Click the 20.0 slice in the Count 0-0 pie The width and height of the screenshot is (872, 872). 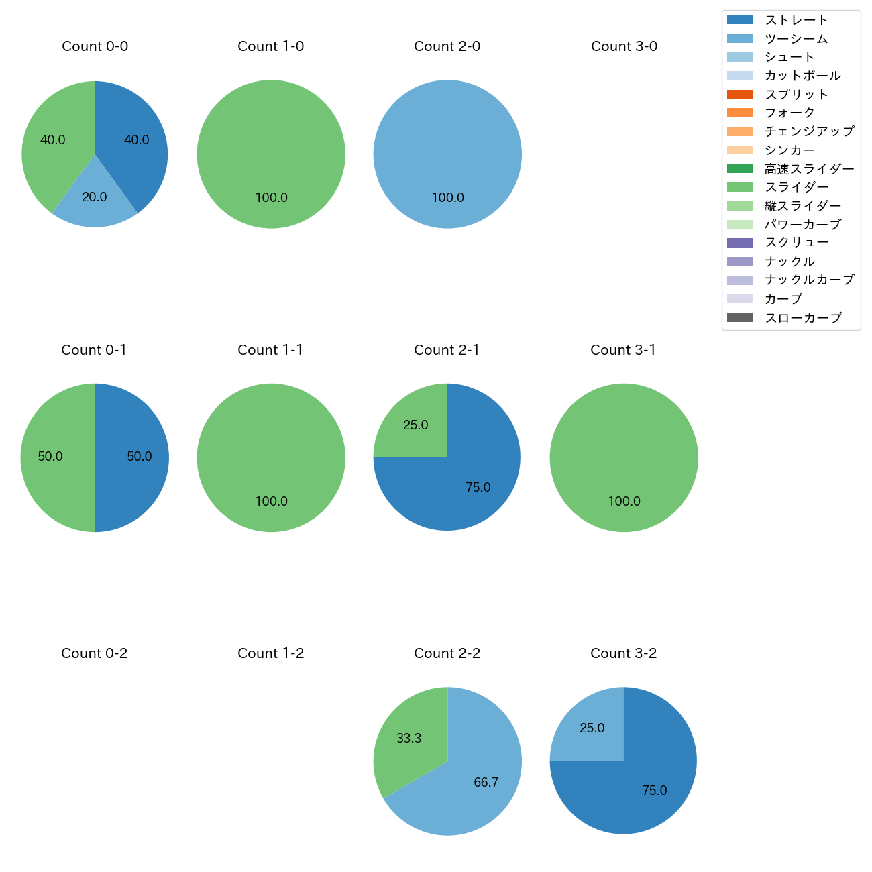[x=95, y=201]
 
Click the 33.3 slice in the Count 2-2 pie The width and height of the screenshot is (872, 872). [x=406, y=738]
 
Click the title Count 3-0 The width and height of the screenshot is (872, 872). [x=624, y=46]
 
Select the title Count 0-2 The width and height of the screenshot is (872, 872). [x=94, y=653]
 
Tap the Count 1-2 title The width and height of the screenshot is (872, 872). [x=270, y=653]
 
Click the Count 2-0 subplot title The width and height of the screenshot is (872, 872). [x=447, y=46]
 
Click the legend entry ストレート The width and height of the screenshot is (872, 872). [x=796, y=20]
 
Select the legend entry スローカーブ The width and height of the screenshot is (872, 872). [x=803, y=318]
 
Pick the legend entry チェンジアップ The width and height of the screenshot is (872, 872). [x=809, y=131]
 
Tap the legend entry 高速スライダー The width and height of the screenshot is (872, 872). [x=809, y=169]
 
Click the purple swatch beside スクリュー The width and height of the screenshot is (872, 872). [x=740, y=243]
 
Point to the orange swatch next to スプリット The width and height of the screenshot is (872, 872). [x=740, y=94]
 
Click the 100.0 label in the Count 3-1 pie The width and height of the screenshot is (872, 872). [x=624, y=501]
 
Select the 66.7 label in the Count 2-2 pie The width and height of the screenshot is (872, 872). [x=486, y=782]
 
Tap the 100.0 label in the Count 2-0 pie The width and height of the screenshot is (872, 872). [x=447, y=197]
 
